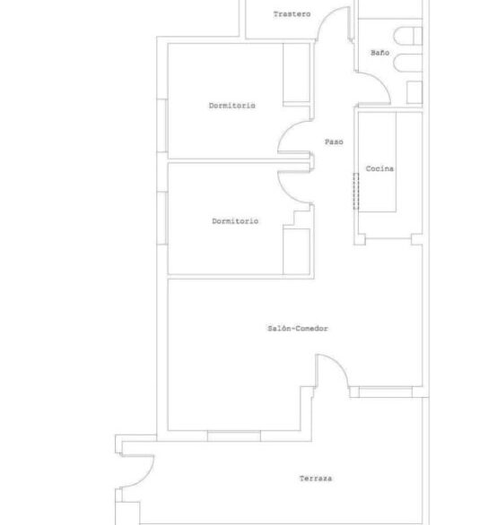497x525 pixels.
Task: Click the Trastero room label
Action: (292, 14)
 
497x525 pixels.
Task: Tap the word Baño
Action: (380, 53)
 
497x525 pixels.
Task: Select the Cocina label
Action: (379, 168)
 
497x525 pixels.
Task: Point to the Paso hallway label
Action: (334, 142)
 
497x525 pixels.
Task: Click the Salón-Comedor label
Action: (298, 329)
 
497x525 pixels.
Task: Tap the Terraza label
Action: (316, 478)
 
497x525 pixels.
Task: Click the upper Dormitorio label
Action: (232, 106)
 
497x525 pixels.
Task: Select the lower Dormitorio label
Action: (235, 221)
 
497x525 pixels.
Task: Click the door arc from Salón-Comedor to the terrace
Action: (339, 362)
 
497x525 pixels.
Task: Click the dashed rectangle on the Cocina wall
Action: (356, 192)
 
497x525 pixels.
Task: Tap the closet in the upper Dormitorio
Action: (296, 73)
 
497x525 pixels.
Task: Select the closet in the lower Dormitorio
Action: (296, 252)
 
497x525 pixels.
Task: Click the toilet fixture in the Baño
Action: (408, 36)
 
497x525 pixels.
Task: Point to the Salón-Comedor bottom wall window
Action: (234, 436)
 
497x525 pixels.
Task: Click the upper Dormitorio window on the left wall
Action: (162, 125)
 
